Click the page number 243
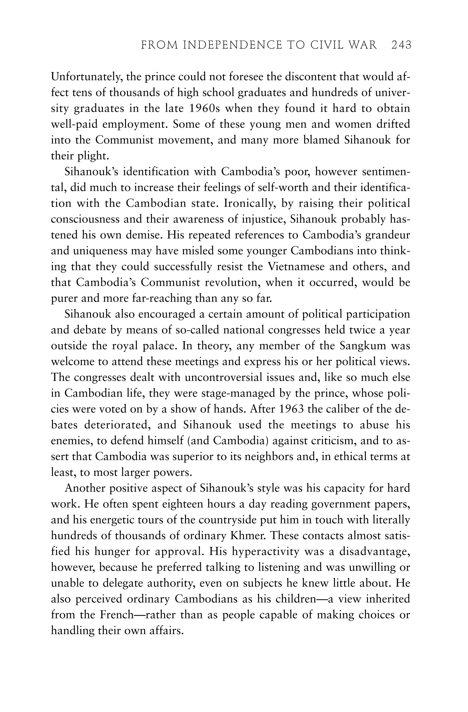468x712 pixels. pos(401,45)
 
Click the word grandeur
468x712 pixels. pos(388,235)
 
